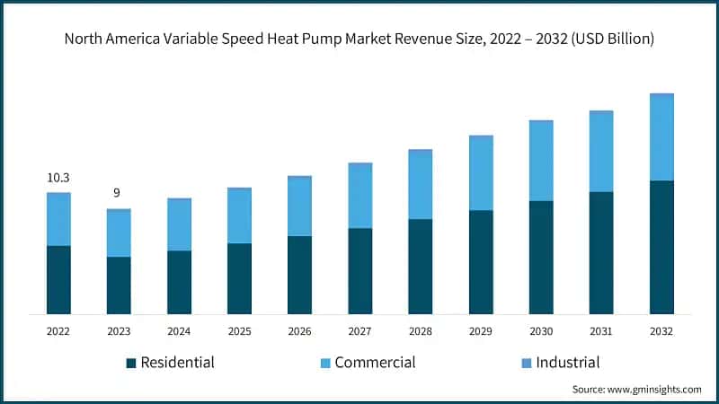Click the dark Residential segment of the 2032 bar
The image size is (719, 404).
(x=661, y=247)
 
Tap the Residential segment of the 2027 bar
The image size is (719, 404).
(x=359, y=270)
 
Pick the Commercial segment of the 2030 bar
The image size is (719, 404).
(x=541, y=161)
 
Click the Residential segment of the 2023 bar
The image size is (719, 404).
(x=119, y=285)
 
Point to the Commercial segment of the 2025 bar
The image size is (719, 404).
(x=239, y=215)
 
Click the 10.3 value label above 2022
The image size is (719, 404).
(x=58, y=178)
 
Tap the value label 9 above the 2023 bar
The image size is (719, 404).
(x=117, y=193)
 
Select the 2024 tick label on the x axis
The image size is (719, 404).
(x=179, y=331)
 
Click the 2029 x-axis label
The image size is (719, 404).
(x=481, y=331)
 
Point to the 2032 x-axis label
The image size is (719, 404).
(x=661, y=331)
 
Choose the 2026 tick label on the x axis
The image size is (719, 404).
(x=299, y=331)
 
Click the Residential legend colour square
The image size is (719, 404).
(x=131, y=363)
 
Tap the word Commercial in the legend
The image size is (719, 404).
(x=375, y=363)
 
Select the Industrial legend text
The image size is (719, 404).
(x=567, y=363)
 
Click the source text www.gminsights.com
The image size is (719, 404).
(x=655, y=390)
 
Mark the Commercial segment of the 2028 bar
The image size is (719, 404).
(x=421, y=185)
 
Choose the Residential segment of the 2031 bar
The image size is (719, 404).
(x=601, y=252)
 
